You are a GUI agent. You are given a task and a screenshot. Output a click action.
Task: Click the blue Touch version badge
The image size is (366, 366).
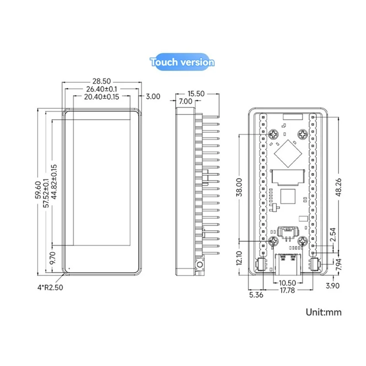coord(182,62)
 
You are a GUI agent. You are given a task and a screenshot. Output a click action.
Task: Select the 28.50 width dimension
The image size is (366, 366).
coord(102,81)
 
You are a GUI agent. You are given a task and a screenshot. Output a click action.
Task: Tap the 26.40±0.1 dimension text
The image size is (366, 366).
coord(102,89)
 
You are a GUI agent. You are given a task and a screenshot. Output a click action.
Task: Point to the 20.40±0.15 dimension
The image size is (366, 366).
coord(102,97)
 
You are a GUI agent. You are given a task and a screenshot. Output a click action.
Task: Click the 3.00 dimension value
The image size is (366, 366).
coord(153,97)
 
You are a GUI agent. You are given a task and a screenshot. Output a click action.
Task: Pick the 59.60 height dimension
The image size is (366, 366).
coord(38,190)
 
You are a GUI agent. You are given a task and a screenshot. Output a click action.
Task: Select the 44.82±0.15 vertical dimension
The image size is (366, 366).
coord(54,182)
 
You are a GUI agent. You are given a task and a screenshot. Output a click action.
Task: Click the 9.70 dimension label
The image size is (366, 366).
coord(53,258)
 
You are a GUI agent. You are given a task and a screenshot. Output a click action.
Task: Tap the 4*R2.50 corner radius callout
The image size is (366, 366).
coord(50,287)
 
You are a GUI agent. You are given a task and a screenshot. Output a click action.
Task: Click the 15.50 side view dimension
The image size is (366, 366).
coord(196,94)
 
